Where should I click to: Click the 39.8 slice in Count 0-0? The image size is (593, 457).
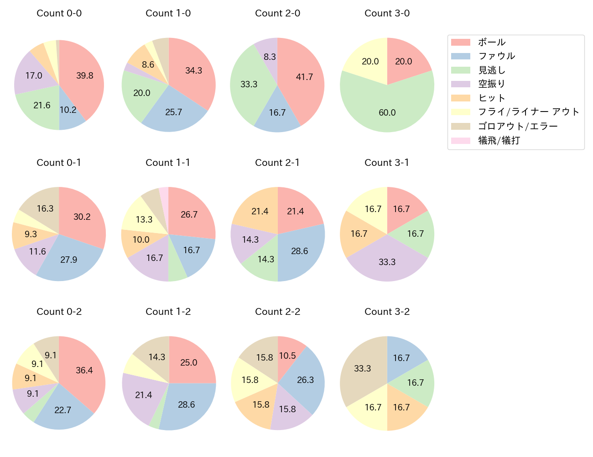pos(84,75)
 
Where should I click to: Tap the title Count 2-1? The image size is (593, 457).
pos(277,163)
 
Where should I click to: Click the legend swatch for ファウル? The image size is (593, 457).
pos(460,56)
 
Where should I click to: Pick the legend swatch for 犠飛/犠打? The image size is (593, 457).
pos(460,141)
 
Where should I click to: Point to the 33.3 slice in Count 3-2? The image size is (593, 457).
pos(363,368)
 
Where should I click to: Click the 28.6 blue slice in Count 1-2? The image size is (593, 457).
pos(187,404)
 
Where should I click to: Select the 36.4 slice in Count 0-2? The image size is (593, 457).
pos(84,370)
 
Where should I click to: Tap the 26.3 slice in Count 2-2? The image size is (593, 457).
pos(306,380)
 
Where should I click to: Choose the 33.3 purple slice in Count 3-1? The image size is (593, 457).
pos(387,262)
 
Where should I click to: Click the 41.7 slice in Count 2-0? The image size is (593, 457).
pos(304,77)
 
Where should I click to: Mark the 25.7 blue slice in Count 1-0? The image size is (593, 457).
pos(174,112)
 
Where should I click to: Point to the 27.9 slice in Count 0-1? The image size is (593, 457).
pos(69,260)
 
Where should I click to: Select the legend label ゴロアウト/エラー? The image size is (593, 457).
pos(518,127)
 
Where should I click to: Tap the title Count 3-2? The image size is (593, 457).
pos(387,312)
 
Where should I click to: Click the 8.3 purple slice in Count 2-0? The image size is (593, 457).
pos(269,57)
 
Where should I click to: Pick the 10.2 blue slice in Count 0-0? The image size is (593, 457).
pos(68,110)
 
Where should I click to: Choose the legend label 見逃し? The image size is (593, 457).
pos(492,70)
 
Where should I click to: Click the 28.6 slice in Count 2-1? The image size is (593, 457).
pos(300,251)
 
